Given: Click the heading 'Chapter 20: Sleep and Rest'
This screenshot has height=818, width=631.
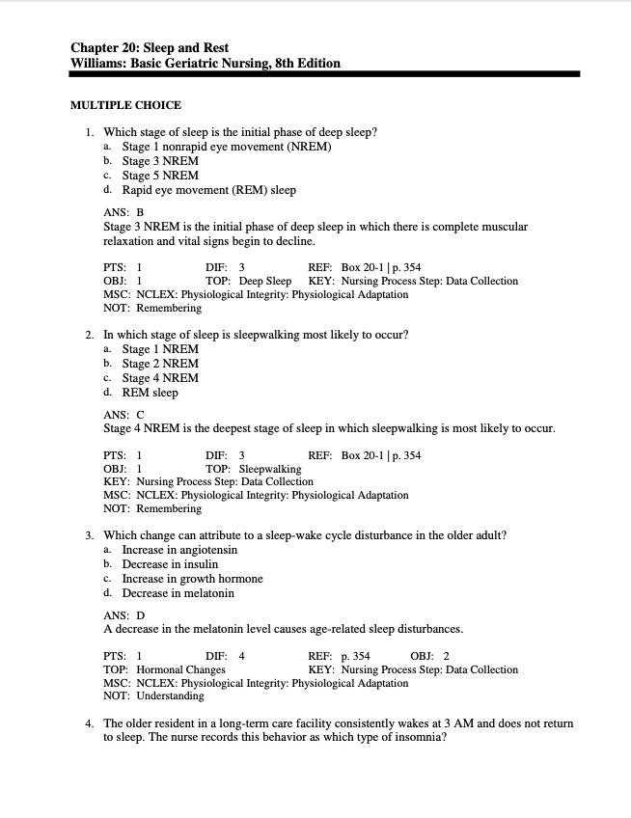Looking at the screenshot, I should [150, 47].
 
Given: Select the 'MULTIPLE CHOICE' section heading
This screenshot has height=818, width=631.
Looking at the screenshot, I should [126, 105].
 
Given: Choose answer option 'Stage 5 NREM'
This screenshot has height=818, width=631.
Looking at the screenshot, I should [160, 176].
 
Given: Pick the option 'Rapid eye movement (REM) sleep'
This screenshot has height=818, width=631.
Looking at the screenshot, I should [208, 190].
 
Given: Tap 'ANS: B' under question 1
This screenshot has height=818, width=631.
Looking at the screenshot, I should [123, 212].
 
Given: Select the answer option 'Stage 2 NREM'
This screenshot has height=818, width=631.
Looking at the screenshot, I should [160, 364].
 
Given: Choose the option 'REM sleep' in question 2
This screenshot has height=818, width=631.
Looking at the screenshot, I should [150, 393].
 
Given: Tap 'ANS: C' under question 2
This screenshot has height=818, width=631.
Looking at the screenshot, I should [123, 415].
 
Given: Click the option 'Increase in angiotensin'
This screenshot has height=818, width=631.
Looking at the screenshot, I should [179, 550].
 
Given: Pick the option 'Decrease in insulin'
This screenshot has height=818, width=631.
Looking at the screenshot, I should [170, 564].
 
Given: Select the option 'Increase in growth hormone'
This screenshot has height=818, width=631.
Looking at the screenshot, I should [192, 579].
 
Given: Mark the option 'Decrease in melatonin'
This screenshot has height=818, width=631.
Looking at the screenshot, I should [178, 593].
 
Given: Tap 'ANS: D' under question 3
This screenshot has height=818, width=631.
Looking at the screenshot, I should [123, 615].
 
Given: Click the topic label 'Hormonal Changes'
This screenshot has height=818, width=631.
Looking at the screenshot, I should [180, 669].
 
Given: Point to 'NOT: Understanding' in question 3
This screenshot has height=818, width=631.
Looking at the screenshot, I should [153, 695].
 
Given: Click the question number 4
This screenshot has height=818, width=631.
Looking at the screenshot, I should [88, 723].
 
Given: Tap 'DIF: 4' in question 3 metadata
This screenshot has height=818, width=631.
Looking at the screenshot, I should [225, 656].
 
